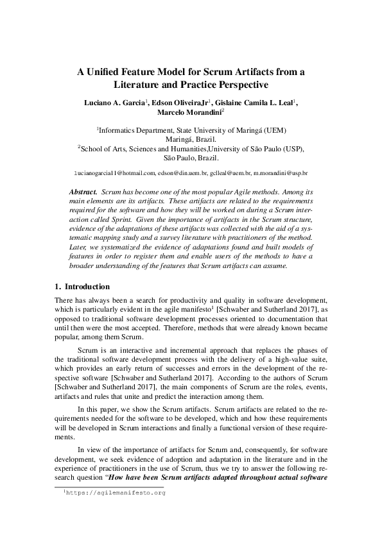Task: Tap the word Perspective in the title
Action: pyautogui.click(x=235, y=84)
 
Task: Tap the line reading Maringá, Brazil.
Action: pyautogui.click(x=191, y=139)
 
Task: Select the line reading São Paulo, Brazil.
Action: pyautogui.click(x=191, y=157)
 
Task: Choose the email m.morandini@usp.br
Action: pyautogui.click(x=281, y=173)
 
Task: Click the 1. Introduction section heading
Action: pyautogui.click(x=82, y=286)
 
